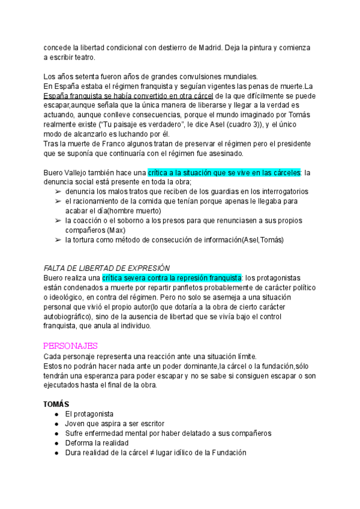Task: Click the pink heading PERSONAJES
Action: pos(71,346)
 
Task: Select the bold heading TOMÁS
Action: pos(57,404)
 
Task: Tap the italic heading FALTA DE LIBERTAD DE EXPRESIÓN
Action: pos(107,268)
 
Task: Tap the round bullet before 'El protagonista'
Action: pos(56,414)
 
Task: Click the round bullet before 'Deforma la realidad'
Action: pos(56,443)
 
